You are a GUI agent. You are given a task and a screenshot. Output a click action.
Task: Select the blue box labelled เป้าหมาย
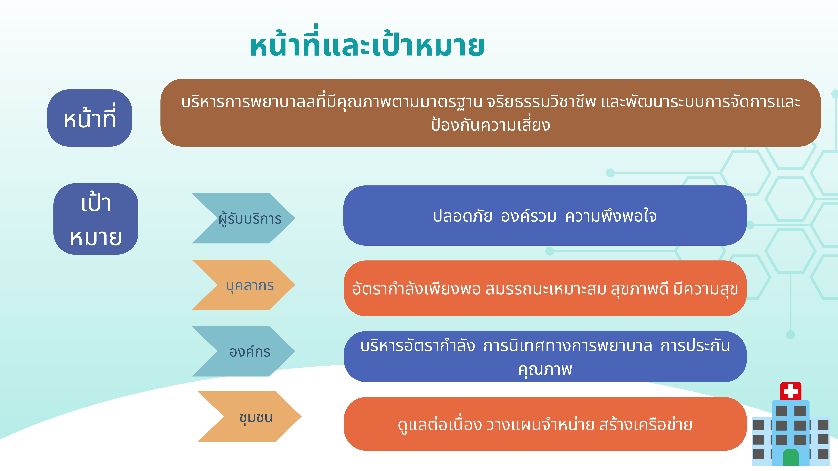96,219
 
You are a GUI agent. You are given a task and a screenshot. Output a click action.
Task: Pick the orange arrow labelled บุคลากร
243,285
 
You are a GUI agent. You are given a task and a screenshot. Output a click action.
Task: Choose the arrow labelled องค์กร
243,351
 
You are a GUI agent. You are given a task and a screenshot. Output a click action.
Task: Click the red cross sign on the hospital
791,391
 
